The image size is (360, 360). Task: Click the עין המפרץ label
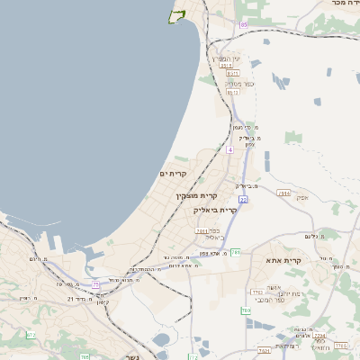pos(225,58)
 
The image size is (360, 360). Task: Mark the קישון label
pos(102,301)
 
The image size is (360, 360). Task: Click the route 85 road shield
pos(243,24)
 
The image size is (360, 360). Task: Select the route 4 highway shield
pos(229,150)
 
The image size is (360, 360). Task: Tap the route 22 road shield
pos(243,199)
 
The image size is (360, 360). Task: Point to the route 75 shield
pos(95,284)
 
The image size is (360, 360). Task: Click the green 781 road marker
pos(235,252)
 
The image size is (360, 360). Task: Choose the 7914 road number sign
pos(284,193)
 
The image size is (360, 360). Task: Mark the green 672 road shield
pos(31,335)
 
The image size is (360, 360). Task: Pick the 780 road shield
pos(246,310)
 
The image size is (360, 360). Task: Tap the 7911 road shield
pos(202,231)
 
